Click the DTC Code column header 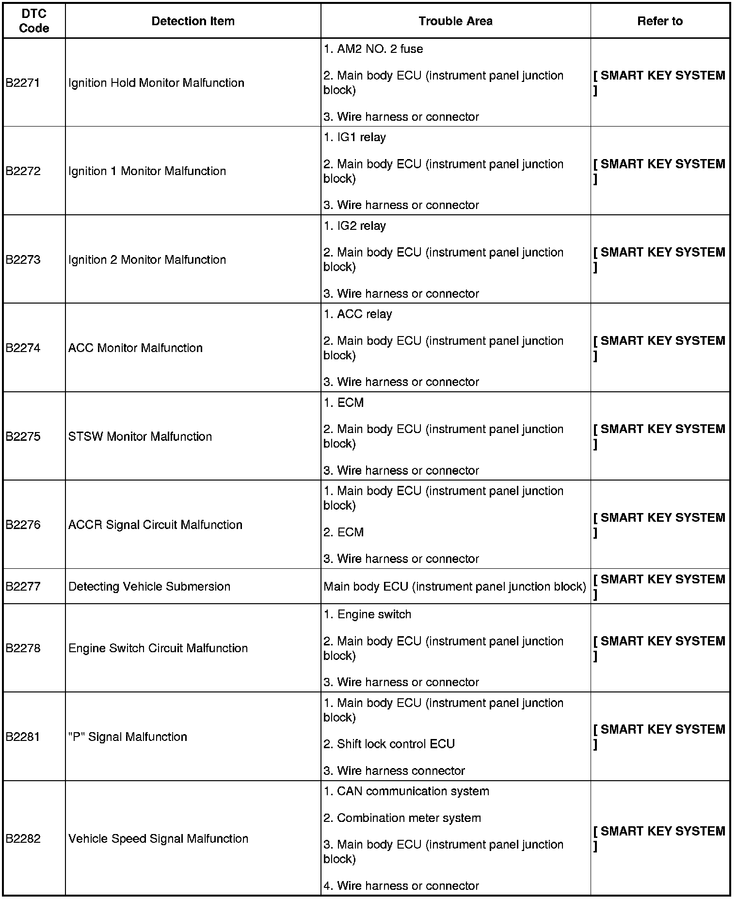pyautogui.click(x=34, y=21)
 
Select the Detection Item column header pyautogui.click(x=193, y=21)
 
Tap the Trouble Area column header pyautogui.click(x=455, y=21)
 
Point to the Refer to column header pyautogui.click(x=660, y=21)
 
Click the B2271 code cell pyautogui.click(x=22, y=83)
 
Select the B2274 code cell pyautogui.click(x=22, y=348)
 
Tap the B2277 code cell pyautogui.click(x=22, y=587)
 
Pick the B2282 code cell pyautogui.click(x=22, y=839)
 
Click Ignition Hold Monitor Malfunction pyautogui.click(x=156, y=83)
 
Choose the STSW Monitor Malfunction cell pyautogui.click(x=140, y=436)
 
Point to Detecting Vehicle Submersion pyautogui.click(x=149, y=587)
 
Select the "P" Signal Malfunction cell pyautogui.click(x=128, y=737)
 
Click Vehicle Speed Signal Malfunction pyautogui.click(x=158, y=839)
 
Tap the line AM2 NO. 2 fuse pyautogui.click(x=373, y=49)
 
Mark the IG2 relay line pyautogui.click(x=354, y=226)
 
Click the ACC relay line pyautogui.click(x=357, y=314)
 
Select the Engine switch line pyautogui.click(x=367, y=614)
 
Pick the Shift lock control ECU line pyautogui.click(x=389, y=744)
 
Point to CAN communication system pyautogui.click(x=406, y=791)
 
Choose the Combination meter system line pyautogui.click(x=402, y=818)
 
